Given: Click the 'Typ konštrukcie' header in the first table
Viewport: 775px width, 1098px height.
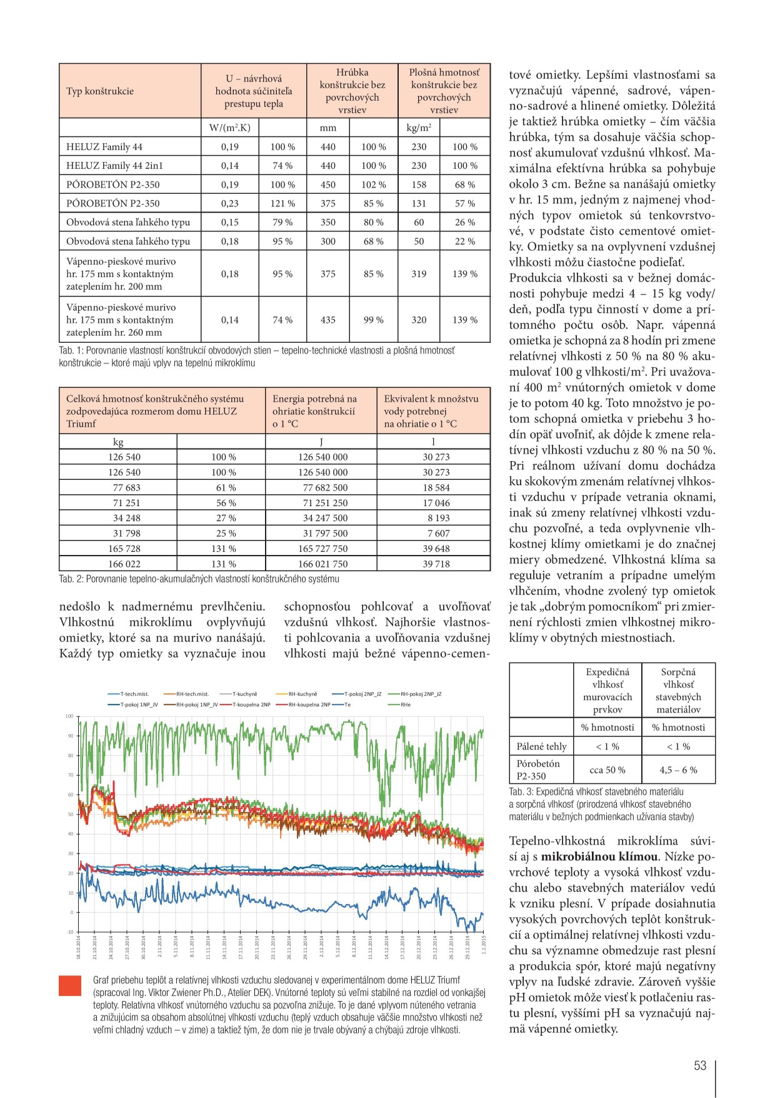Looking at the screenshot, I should (100, 91).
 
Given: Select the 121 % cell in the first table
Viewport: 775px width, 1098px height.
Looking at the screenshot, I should (282, 203).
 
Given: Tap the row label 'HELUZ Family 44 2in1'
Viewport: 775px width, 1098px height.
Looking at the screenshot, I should (116, 166).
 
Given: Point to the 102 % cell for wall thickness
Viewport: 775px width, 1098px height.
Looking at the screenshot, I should (373, 185).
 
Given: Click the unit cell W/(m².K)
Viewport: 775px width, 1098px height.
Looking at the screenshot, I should (229, 128).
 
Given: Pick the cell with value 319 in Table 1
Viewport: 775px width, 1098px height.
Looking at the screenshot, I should (419, 274).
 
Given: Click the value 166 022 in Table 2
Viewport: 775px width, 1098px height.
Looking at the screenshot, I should (124, 564).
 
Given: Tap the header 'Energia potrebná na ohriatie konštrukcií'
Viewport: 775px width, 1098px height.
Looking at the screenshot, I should (314, 411).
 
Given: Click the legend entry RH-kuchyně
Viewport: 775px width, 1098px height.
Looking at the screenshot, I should (302, 694).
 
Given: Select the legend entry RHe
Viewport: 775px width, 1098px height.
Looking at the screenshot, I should (406, 704).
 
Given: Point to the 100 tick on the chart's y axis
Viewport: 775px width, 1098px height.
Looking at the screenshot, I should (69, 716).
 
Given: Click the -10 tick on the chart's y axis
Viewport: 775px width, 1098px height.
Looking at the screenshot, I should (69, 932).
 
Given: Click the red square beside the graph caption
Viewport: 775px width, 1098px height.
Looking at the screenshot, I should (70, 985).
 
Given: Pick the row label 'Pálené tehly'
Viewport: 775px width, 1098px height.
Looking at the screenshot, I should (541, 746).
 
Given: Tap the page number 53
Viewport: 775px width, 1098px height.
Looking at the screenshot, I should (700, 1065).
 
